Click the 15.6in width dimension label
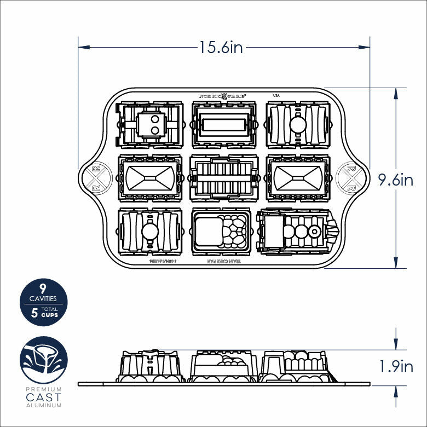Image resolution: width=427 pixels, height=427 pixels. [221, 48]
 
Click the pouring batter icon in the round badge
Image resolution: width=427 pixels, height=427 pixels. [44, 360]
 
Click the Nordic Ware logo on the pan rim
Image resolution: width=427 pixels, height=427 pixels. [222, 95]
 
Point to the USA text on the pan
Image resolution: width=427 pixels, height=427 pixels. [276, 95]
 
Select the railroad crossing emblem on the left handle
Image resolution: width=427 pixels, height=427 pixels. [97, 178]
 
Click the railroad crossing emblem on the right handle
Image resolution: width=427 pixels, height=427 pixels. [348, 178]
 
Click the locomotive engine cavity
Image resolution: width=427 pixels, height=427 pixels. [296, 232]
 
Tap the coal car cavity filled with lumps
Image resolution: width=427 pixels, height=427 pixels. [223, 232]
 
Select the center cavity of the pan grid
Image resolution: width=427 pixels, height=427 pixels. [223, 178]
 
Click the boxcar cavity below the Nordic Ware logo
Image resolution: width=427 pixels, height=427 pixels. [223, 125]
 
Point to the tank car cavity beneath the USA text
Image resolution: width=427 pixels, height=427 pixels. [297, 125]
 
